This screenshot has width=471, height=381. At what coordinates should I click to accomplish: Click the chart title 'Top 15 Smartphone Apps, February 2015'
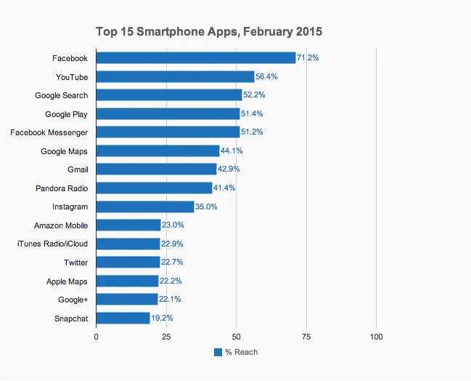coord(209,32)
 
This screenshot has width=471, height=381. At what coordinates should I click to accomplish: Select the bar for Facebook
coord(196,57)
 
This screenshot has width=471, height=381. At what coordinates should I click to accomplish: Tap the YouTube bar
coord(175,76)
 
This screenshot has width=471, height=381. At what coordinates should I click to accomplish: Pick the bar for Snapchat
coord(123,318)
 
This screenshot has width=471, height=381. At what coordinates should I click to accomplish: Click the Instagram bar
coord(145,206)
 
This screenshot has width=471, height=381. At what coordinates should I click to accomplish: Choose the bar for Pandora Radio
coord(154,188)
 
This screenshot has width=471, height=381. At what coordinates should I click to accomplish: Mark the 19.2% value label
coord(162,318)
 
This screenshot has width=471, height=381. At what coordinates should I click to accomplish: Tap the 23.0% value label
coord(173,225)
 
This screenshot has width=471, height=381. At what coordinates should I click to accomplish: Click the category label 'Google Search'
coord(61,95)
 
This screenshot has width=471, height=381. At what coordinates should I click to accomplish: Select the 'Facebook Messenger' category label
coord(49,132)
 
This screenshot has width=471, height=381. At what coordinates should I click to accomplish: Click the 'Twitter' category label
coord(75,262)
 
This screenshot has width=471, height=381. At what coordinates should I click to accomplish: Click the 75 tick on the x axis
coord(306,337)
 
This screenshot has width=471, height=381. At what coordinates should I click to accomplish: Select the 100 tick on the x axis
coord(376,337)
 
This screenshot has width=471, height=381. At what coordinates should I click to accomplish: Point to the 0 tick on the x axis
coord(97,337)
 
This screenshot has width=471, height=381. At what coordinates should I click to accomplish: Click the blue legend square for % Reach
coord(218,352)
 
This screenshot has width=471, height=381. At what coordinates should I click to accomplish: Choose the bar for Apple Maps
coord(127,281)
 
